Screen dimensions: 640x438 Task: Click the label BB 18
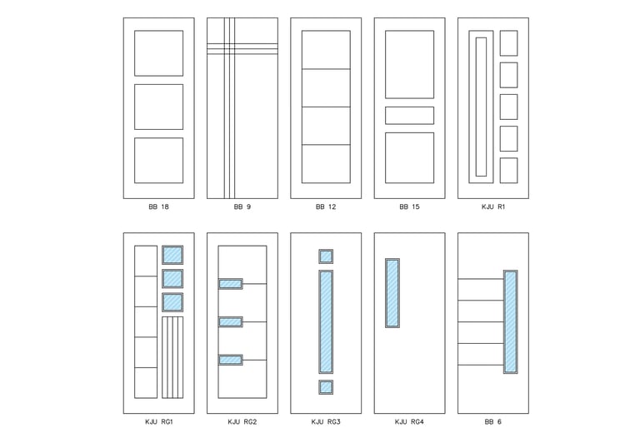point(159,207)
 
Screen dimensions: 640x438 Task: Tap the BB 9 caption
point(242,207)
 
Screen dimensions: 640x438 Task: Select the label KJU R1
point(493,207)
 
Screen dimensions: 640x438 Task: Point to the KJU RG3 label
point(326,421)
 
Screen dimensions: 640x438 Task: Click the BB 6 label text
point(493,421)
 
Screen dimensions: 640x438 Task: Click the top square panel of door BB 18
point(159,53)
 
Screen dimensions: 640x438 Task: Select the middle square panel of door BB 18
point(159,107)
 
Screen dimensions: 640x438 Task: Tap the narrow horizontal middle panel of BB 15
point(409,116)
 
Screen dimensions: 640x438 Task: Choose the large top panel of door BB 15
point(409,64)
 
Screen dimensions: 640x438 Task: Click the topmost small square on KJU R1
point(508,42)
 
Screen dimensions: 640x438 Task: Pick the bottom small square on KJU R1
point(508,171)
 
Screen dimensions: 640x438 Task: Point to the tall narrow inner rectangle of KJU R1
point(481,107)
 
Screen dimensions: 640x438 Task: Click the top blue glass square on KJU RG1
point(172,255)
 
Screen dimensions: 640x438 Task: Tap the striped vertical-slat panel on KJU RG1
point(172,357)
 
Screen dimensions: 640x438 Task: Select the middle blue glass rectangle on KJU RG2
point(231,322)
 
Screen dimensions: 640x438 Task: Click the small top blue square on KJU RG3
point(326,256)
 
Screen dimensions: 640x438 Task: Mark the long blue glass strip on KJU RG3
point(326,321)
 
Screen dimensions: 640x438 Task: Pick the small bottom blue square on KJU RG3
point(326,387)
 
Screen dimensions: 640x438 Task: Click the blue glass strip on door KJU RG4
point(392,293)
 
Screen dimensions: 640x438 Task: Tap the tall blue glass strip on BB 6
point(510,321)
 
